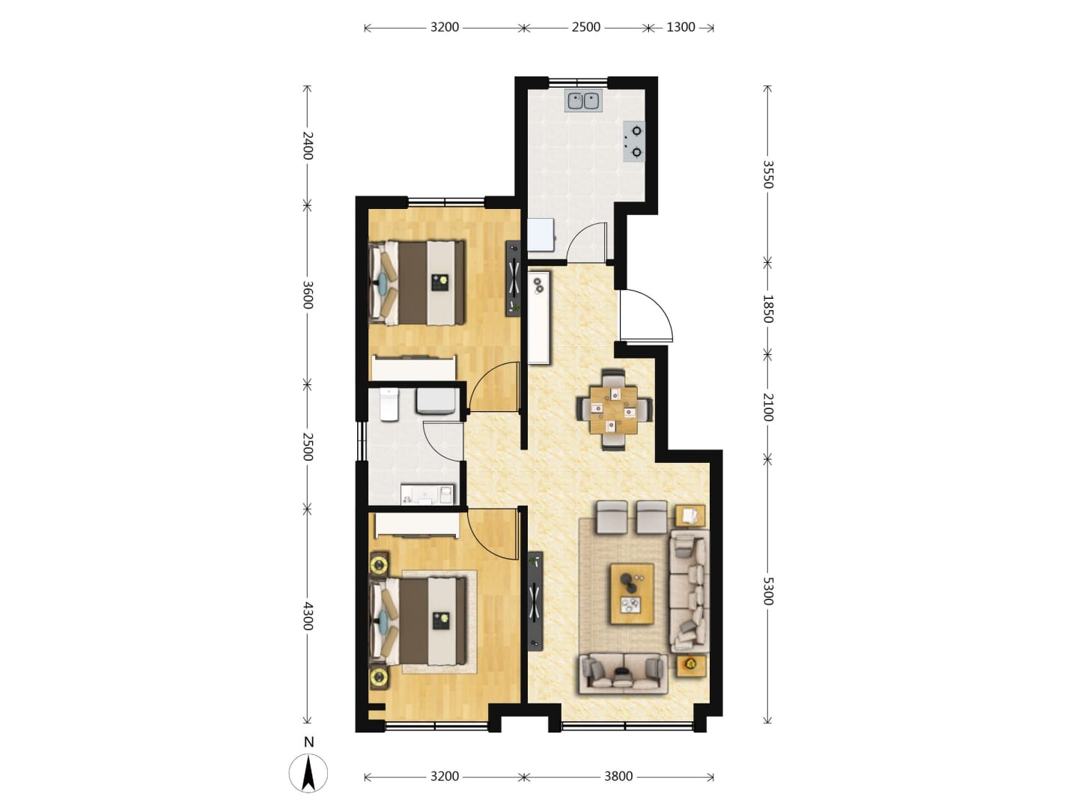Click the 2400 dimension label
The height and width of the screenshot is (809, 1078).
click(308, 146)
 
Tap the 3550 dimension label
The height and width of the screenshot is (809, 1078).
click(767, 175)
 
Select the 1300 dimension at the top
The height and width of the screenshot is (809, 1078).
click(680, 27)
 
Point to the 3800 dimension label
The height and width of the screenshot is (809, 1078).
click(618, 776)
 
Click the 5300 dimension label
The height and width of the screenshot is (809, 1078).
click(767, 591)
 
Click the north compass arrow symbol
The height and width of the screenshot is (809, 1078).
click(308, 772)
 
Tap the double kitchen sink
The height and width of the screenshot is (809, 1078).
click(583, 100)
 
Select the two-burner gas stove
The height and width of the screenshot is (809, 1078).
click(633, 142)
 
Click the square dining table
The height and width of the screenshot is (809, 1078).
click(613, 410)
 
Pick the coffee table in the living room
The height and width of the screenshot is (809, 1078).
click(632, 594)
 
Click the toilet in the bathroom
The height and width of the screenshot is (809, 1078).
click(389, 404)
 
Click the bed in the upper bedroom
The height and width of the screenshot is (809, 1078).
click(417, 282)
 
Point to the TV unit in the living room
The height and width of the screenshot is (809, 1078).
click(535, 601)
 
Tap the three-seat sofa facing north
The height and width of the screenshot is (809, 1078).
click(624, 673)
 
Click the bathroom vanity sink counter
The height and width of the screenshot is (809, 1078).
click(427, 494)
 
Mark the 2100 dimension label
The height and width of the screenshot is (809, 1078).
click(767, 407)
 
